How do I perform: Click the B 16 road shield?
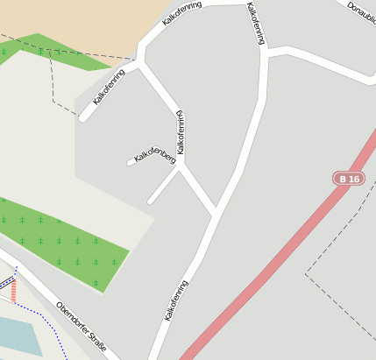[348, 179]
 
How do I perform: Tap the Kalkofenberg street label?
[154, 156]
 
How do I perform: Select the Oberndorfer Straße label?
[80, 328]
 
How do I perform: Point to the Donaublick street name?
[360, 11]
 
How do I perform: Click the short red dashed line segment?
[13, 292]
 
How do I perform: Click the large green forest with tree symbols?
[66, 245]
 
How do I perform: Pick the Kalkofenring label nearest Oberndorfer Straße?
[176, 300]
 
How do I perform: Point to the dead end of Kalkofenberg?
[130, 162]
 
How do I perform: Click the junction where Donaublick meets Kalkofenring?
[266, 53]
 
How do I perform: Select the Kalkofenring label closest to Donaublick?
[255, 22]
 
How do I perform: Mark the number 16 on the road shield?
[352, 179]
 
